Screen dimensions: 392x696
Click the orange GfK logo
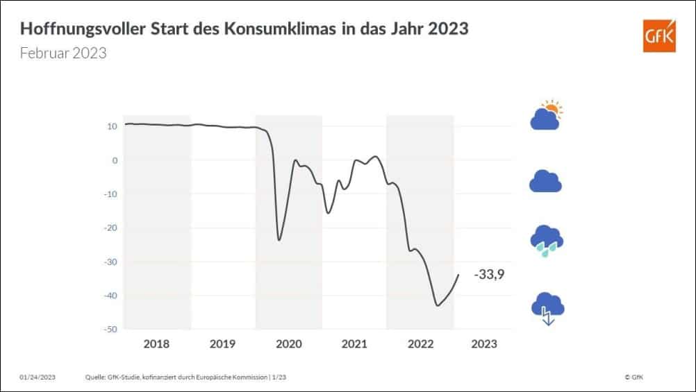click(660, 35)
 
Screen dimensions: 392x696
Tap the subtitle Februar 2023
click(63, 53)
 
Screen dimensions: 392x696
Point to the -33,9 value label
click(489, 275)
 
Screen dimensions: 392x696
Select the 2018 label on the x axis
click(157, 343)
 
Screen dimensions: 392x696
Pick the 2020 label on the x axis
click(288, 343)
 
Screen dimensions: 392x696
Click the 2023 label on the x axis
click(483, 343)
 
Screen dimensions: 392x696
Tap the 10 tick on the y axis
click(112, 126)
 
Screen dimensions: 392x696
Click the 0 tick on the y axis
click(114, 160)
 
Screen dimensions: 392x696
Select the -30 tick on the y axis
click(110, 262)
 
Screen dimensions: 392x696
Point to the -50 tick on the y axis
click(110, 330)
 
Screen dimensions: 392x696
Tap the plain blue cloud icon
click(545, 181)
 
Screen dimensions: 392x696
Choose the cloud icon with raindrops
click(546, 239)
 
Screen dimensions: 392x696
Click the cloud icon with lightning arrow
click(547, 307)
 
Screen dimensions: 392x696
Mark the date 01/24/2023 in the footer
click(38, 377)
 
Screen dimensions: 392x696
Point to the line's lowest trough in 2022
click(437, 305)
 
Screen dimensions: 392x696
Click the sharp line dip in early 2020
click(279, 240)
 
